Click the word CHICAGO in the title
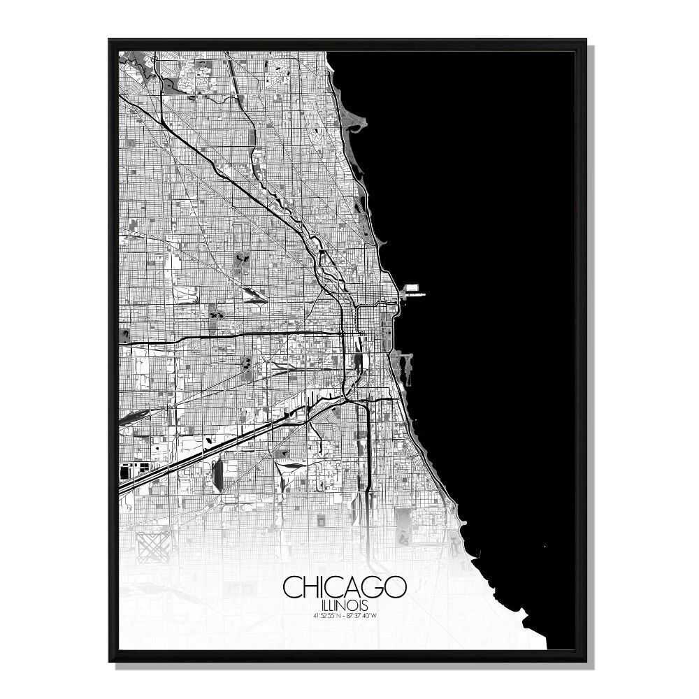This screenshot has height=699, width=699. [x=345, y=588]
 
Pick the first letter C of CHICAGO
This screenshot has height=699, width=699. [x=292, y=588]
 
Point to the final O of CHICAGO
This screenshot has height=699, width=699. [x=396, y=588]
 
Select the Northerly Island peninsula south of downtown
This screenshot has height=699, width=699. [x=400, y=361]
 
